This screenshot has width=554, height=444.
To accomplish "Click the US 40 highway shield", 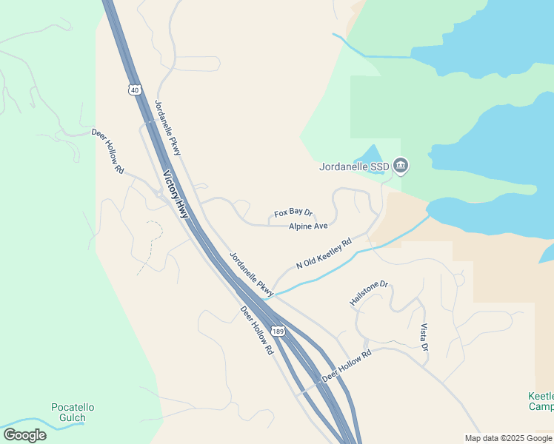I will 134,90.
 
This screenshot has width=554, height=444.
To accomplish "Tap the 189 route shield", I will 277,331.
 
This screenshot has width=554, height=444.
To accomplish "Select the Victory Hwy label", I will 176,195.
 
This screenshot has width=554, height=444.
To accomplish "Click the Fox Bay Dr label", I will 293,213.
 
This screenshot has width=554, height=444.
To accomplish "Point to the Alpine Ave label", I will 308,226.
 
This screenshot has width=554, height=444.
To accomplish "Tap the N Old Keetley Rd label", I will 323,253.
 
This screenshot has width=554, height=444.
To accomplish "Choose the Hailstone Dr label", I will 369,293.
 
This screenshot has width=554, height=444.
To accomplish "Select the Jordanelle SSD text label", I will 354,166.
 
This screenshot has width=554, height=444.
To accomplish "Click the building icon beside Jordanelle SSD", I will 401,164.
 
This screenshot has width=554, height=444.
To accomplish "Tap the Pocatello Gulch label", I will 73,412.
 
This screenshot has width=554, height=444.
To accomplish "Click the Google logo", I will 24,435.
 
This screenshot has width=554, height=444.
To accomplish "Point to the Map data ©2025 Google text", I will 508,438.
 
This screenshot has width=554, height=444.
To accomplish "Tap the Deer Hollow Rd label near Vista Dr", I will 346,366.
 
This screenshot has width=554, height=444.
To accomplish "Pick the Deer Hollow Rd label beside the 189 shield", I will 257,329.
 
